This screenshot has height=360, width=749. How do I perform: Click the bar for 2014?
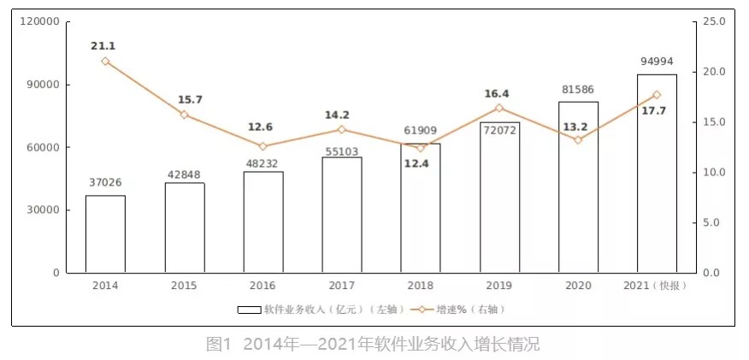pos(105,233)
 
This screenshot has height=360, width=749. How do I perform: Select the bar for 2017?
pos(342,215)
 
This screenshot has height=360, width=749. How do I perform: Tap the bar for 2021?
pos(657,174)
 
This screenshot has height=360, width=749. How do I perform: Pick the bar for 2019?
pos(499,198)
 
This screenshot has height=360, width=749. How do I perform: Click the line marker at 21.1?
pos(105,61)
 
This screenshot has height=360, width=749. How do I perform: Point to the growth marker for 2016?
pos(262,146)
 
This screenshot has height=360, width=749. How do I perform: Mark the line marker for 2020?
pos(578,139)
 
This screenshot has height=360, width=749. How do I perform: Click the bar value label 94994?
pos(658,62)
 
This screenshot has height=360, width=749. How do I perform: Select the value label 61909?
pos(421,130)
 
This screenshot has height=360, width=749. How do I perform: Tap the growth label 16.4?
pos(499,94)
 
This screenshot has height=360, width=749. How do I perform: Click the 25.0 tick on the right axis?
pos(714,21)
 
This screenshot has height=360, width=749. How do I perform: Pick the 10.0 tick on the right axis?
pos(714,173)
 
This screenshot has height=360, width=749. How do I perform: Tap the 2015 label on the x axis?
pos(184,286)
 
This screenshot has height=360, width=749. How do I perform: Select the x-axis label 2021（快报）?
pos(657,286)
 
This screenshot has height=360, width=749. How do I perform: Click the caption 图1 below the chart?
pos(219,345)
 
